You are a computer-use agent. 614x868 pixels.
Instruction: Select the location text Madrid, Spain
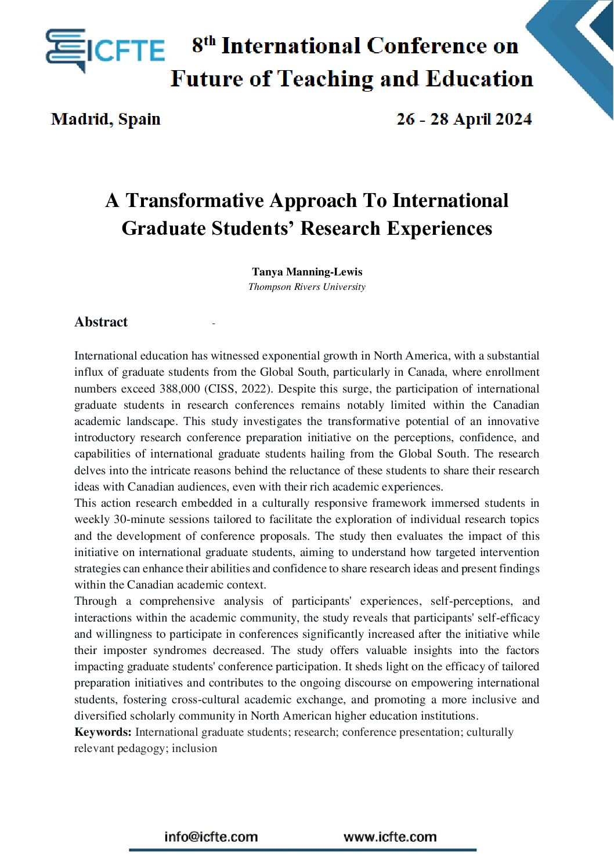coord(106,119)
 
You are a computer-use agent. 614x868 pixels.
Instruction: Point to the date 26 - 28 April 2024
coord(464,119)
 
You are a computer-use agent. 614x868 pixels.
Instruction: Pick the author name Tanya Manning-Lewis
coord(307,272)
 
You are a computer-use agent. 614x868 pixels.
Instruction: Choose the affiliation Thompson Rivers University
coord(307,287)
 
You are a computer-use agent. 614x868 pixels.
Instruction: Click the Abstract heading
coord(101,322)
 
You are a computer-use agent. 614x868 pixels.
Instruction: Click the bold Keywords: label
coord(103,732)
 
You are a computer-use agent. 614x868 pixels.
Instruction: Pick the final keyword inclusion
coord(194,749)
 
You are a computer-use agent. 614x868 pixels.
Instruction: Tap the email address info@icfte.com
coord(211,837)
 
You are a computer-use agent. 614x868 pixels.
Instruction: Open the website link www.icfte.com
coord(390,837)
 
